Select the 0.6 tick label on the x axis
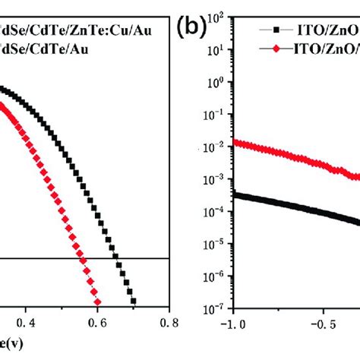(98, 323)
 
